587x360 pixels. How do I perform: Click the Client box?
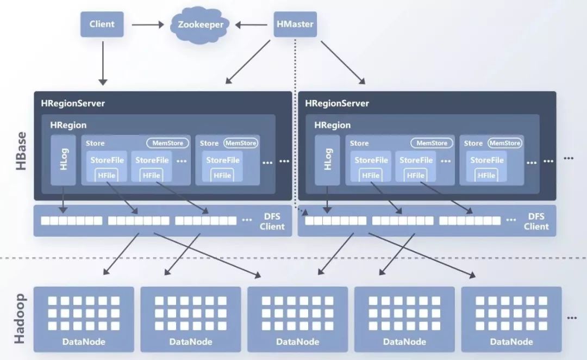tap(102, 24)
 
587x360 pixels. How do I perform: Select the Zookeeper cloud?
tap(197, 24)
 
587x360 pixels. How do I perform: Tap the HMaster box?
tap(295, 24)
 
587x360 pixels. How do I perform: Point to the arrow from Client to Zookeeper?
tap(147, 24)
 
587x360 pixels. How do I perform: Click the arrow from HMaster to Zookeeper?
tap(253, 24)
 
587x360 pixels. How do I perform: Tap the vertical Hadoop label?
tap(20, 318)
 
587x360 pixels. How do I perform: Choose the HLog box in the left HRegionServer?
tap(63, 160)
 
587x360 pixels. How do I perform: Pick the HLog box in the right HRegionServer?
tap(327, 160)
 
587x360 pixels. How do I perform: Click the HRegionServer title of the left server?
tap(73, 103)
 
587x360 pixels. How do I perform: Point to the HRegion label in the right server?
tap(333, 125)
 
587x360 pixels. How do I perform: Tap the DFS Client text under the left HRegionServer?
tap(272, 221)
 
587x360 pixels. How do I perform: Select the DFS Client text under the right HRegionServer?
tap(536, 221)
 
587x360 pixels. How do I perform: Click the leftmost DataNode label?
tap(84, 342)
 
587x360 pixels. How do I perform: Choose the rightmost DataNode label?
tap(511, 342)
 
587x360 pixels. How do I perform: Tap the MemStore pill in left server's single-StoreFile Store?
tap(241, 143)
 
